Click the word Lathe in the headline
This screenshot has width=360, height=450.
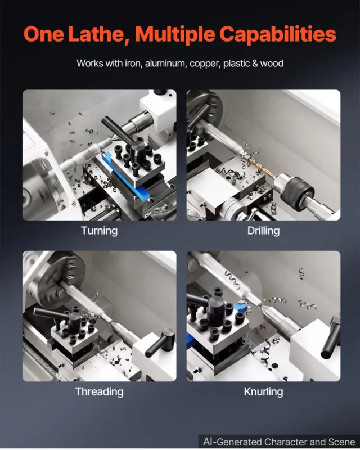[97, 34]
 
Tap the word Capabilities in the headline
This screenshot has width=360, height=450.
[278, 35]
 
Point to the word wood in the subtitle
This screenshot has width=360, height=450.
[272, 63]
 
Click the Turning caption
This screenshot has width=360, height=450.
[100, 231]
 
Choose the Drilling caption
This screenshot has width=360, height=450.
[264, 231]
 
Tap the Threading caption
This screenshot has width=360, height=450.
[100, 391]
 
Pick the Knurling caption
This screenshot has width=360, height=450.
[264, 391]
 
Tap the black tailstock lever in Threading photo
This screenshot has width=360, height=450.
[160, 343]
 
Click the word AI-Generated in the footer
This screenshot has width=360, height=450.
[232, 442]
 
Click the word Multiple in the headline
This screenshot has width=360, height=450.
[175, 35]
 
